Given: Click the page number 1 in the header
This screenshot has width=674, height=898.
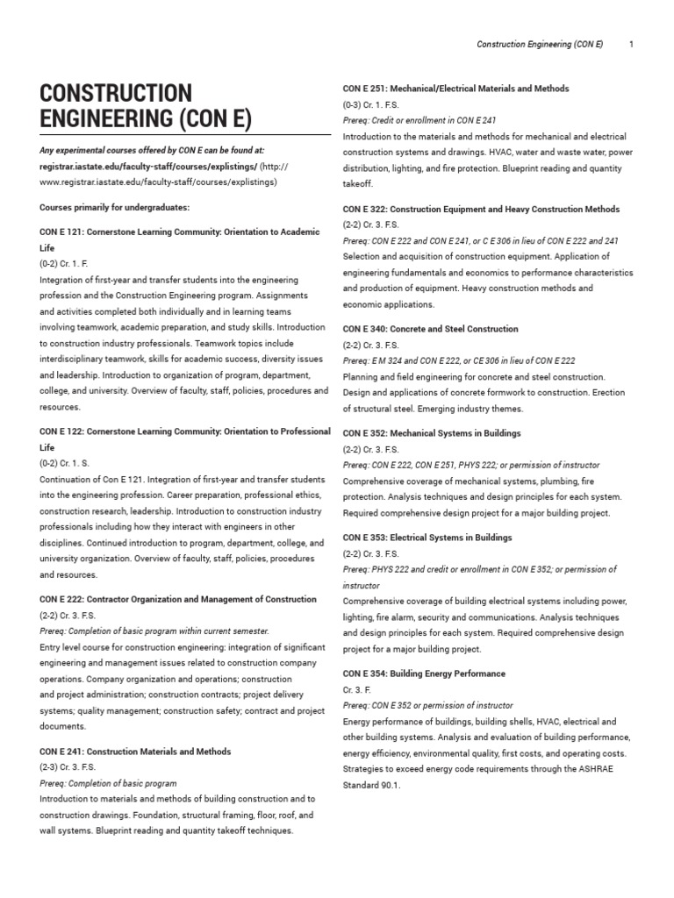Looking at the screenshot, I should click(631, 43).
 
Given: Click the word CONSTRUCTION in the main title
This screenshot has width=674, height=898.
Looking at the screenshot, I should click(116, 94).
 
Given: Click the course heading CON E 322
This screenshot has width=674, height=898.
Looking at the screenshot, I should click(481, 209).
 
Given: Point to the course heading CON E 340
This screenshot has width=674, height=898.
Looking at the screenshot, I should click(430, 329).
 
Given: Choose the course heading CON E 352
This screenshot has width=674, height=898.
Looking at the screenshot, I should click(432, 433).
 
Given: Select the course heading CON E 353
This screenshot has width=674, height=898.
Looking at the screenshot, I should click(427, 538).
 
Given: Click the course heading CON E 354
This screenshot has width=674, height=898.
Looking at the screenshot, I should click(424, 673).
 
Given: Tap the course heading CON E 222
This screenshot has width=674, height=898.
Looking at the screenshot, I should click(178, 599).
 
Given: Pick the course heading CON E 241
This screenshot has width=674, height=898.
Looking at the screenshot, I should click(135, 752).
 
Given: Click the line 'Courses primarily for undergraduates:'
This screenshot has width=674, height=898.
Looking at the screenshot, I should click(115, 208).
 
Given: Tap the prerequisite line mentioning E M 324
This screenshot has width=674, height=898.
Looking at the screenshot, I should click(459, 360).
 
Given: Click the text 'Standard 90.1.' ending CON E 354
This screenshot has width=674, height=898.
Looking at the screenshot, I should click(371, 785).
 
